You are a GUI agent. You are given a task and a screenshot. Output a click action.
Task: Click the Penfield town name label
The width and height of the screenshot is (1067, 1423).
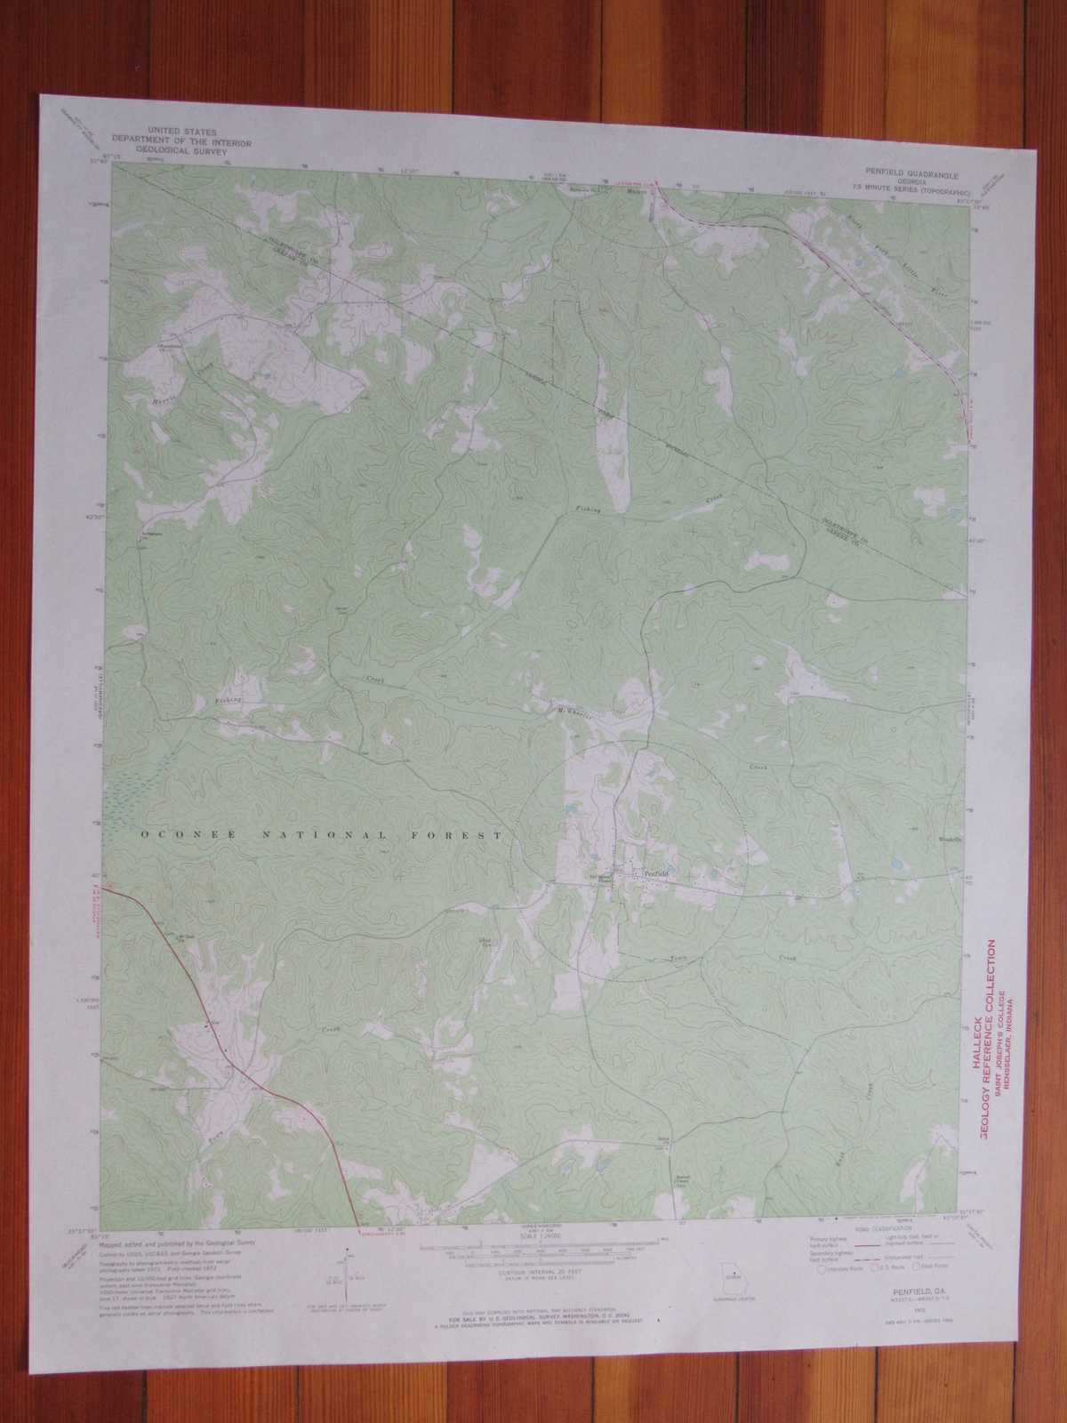(x=654, y=874)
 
